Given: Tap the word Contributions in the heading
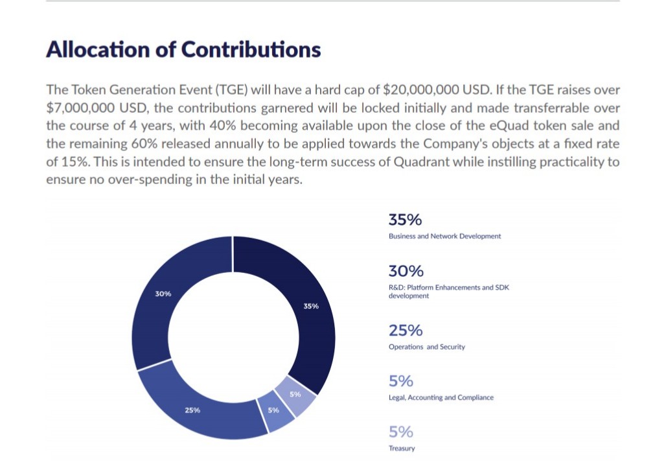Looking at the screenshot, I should (251, 50).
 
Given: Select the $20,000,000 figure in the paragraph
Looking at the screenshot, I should (427, 89).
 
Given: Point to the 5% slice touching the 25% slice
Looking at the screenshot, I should (274, 411).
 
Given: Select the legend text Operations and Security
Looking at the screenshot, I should (426, 347).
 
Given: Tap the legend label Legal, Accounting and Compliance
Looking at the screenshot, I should (441, 397).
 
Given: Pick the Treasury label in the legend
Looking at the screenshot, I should (402, 449).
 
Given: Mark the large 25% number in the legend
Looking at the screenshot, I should (406, 331).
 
